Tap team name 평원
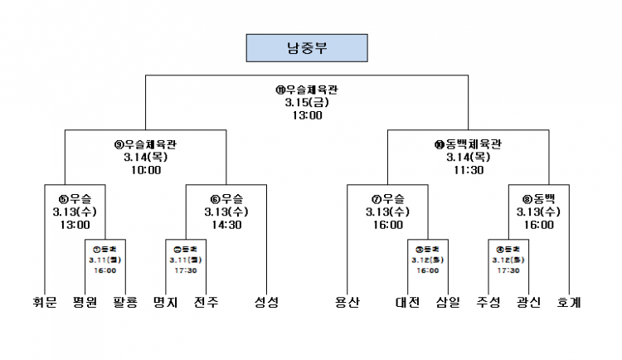pyautogui.click(x=85, y=303)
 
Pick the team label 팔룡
pyautogui.click(x=124, y=303)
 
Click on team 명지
pyautogui.click(x=167, y=303)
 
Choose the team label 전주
pyautogui.click(x=206, y=303)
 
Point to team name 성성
pyautogui.click(x=266, y=303)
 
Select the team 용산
pyautogui.click(x=347, y=303)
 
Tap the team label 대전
pyautogui.click(x=408, y=303)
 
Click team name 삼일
pyautogui.click(x=448, y=303)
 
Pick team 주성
pyautogui.click(x=488, y=303)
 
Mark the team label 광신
pyautogui.click(x=528, y=303)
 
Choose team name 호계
pyautogui.click(x=569, y=303)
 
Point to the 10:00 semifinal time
pyautogui.click(x=145, y=170)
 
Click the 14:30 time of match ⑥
pyautogui.click(x=226, y=225)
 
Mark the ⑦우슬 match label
pyautogui.click(x=388, y=198)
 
